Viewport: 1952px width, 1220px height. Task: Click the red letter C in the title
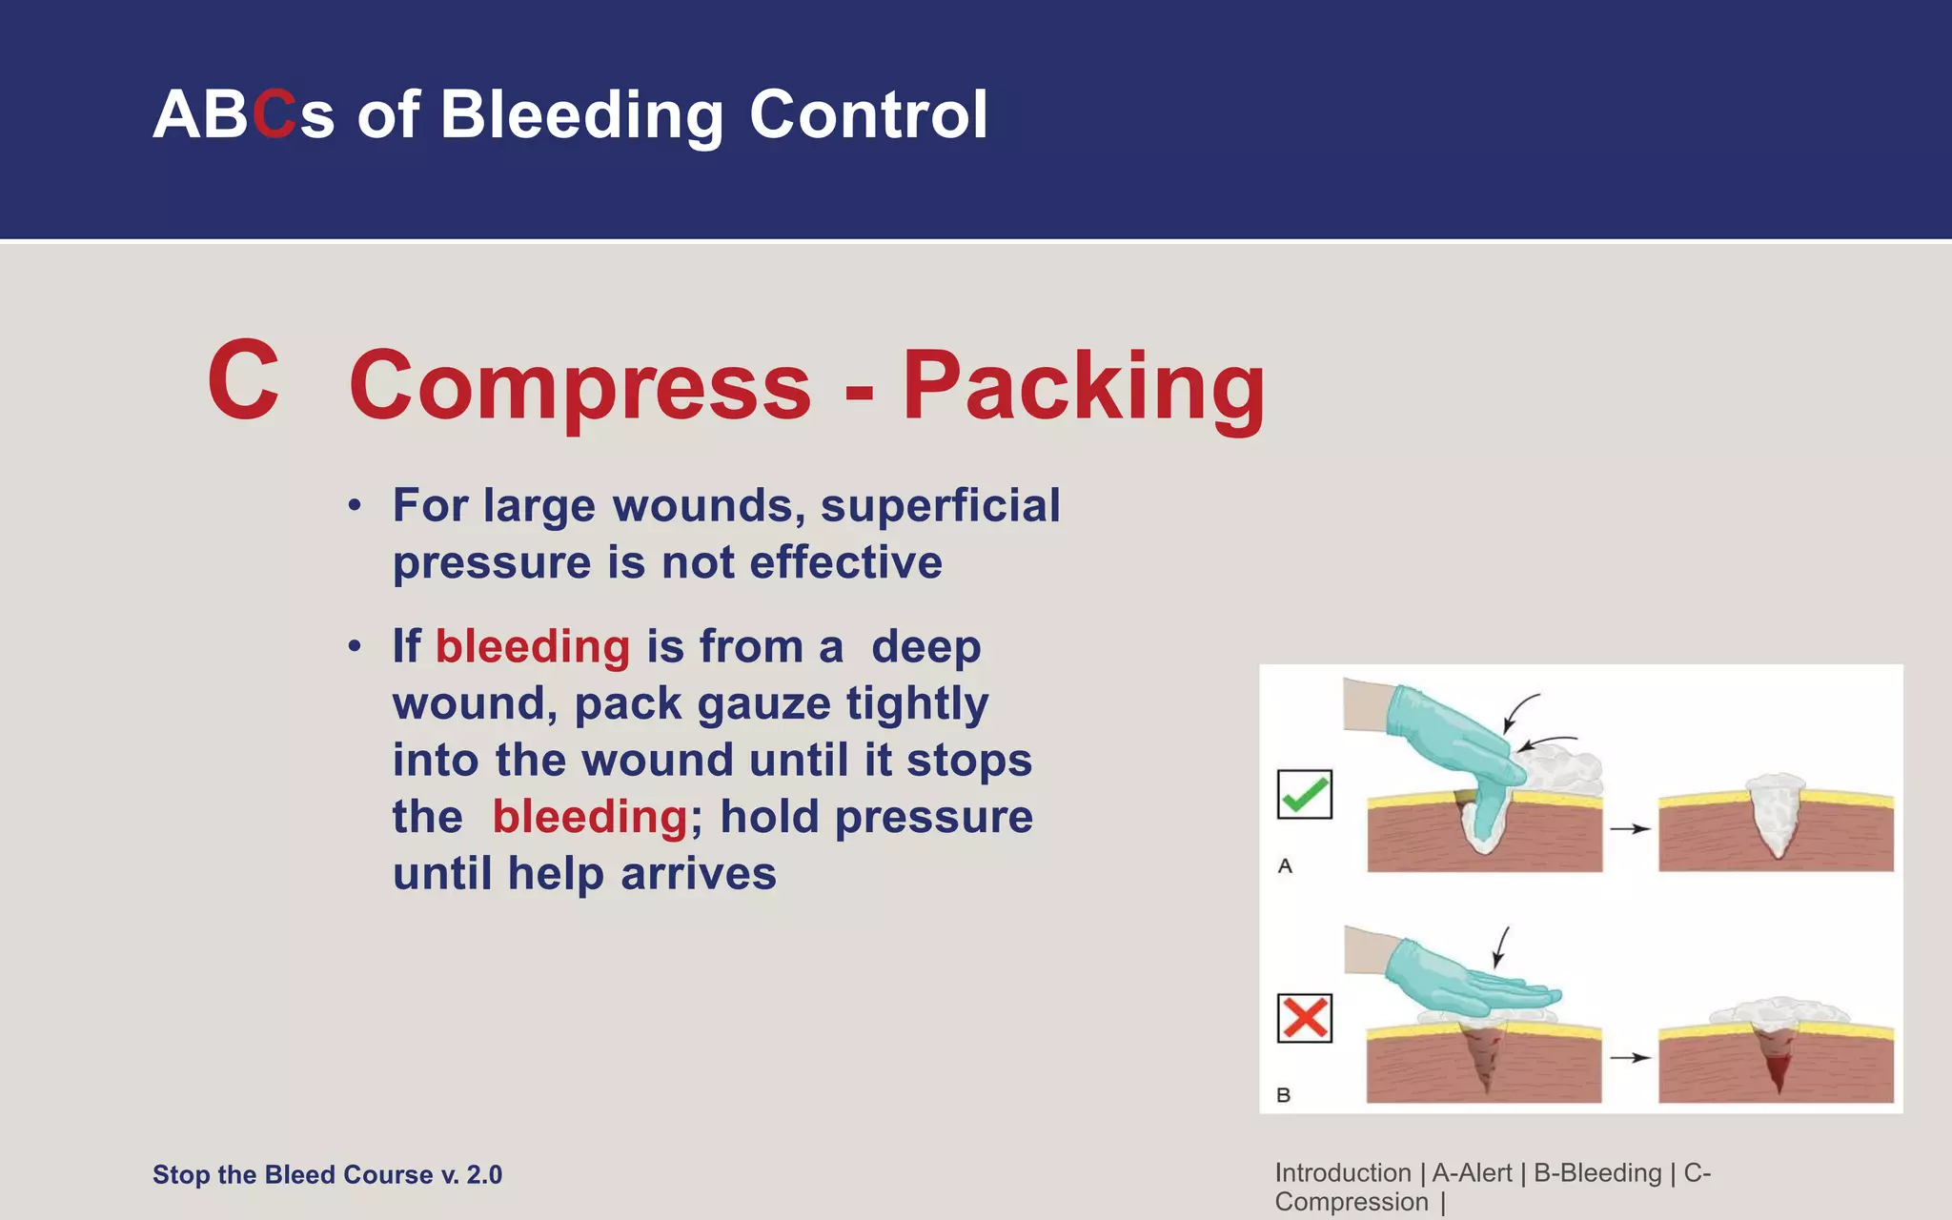click(x=274, y=115)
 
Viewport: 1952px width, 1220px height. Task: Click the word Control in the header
click(x=868, y=115)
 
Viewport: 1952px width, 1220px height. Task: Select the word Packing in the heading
click(x=1083, y=386)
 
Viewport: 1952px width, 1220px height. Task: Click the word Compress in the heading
click(x=579, y=386)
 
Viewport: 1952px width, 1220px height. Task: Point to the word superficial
click(x=940, y=505)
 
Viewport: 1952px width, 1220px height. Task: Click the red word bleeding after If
click(x=532, y=647)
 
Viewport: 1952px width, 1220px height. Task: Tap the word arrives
click(x=698, y=874)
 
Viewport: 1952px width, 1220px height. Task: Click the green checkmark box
click(x=1304, y=794)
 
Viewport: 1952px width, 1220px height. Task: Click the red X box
click(x=1304, y=1018)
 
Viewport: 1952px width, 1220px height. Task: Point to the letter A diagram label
click(x=1285, y=866)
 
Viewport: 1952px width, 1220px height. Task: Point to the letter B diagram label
click(x=1283, y=1095)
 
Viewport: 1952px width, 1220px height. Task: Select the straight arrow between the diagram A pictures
click(x=1629, y=829)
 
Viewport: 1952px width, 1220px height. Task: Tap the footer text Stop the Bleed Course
click(x=327, y=1174)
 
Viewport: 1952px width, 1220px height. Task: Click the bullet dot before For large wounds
click(x=355, y=506)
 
